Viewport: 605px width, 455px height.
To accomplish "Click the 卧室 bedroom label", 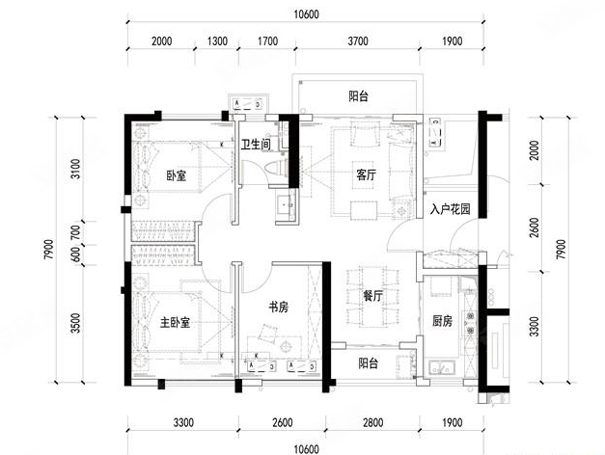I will [x=176, y=175].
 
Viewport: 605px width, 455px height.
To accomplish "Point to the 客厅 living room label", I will [x=366, y=175].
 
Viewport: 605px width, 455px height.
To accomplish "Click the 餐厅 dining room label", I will [x=374, y=298].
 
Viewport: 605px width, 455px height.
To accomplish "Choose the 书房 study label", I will [x=279, y=308].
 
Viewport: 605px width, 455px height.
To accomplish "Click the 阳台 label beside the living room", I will [x=358, y=96].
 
